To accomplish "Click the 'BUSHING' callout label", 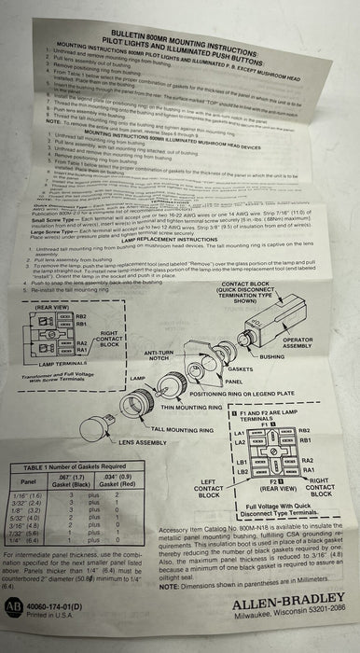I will (272, 356).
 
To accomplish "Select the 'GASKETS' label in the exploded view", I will (234, 370).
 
